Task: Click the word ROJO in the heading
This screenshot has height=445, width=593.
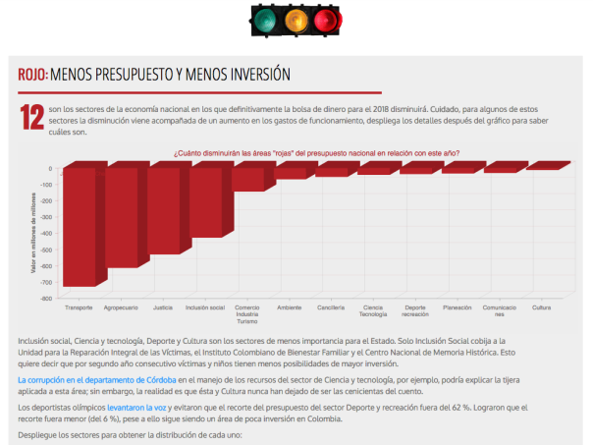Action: [x=31, y=74]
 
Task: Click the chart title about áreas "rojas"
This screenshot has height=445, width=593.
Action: [x=316, y=153]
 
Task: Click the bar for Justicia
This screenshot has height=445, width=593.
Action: [x=164, y=211]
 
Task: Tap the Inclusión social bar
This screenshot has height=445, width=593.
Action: [x=206, y=202]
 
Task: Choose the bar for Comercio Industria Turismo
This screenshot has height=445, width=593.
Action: [x=248, y=180]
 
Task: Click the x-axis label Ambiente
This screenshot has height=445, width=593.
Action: [x=290, y=307]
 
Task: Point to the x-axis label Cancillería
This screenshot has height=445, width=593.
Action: [x=332, y=307]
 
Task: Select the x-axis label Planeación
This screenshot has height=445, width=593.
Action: [x=458, y=307]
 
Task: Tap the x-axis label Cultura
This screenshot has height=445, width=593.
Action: [x=541, y=307]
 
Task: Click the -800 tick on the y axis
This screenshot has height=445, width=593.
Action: [x=44, y=297]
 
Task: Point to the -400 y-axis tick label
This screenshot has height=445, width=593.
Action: [x=44, y=233]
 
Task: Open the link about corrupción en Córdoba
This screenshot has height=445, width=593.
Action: [x=97, y=379]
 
